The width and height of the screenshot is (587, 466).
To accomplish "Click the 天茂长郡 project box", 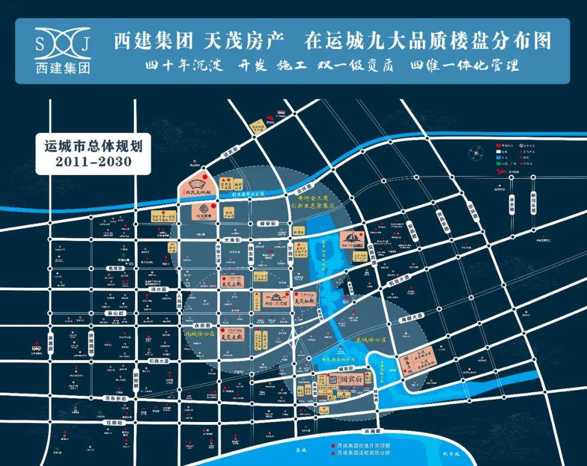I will tap(233, 336).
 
